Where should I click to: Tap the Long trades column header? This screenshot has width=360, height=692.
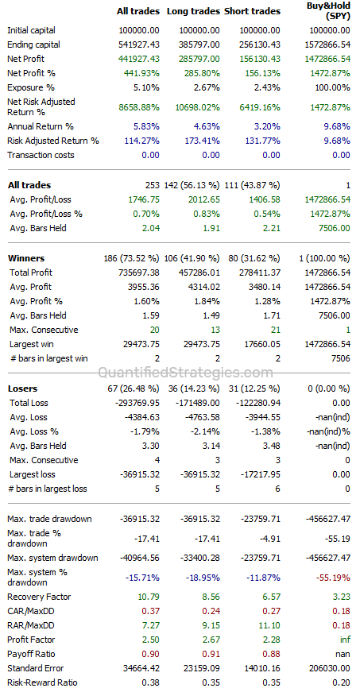coord(192,11)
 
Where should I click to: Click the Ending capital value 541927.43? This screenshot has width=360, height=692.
coord(137,44)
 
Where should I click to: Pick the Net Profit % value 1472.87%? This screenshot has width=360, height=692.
coord(329,73)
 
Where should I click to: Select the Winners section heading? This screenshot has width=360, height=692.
coord(26,258)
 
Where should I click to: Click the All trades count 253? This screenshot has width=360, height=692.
coord(152,184)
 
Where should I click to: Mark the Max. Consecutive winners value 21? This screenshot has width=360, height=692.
coord(273,330)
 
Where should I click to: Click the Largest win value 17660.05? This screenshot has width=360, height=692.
coord(261,344)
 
